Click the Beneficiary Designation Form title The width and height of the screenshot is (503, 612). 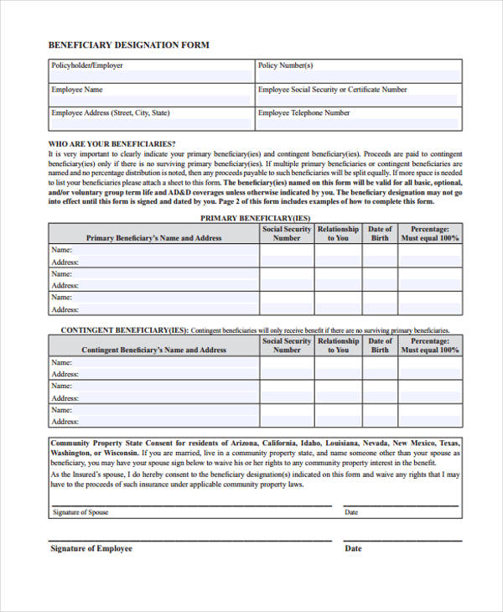pos(128,44)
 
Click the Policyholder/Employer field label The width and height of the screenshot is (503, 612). pos(86,65)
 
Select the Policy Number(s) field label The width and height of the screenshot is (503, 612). pos(285,65)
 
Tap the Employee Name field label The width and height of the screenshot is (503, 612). pos(77,90)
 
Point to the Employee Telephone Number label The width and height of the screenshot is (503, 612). pos(303,113)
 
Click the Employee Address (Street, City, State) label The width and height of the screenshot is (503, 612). pos(111,113)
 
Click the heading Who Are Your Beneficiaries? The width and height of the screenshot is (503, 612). pos(111,144)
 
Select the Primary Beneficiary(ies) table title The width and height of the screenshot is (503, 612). pos(255,218)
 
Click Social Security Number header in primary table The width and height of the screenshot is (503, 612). pos(287,233)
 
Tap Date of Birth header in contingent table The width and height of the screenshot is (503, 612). pos(380,345)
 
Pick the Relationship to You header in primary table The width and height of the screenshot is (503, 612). pos(338,233)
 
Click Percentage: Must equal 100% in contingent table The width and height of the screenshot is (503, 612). pos(430,345)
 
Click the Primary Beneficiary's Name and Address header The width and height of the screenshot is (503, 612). pos(153,238)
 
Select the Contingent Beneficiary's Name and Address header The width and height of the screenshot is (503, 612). pos(153,350)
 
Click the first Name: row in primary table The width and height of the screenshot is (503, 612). pos(62,250)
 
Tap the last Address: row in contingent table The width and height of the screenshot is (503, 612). pos(65,422)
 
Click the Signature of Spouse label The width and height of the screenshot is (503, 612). pos(80,512)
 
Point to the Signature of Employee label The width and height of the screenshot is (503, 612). pos(91,549)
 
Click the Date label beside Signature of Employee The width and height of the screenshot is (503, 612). pos(353,549)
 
